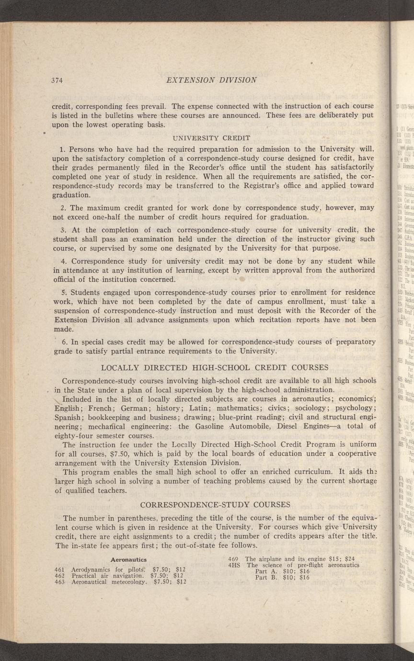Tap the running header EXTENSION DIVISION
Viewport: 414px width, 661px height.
click(211, 80)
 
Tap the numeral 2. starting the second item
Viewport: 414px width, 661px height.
click(64, 208)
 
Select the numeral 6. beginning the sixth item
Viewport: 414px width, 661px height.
click(64, 342)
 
